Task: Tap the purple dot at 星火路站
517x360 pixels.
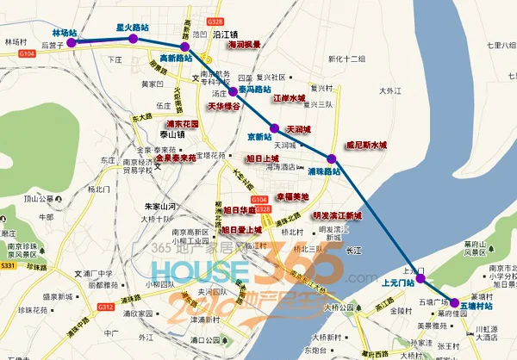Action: pyautogui.click(x=133, y=39)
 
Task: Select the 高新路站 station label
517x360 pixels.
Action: pyautogui.click(x=178, y=59)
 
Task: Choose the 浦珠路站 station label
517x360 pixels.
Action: pyautogui.click(x=325, y=171)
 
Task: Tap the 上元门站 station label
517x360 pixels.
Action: pyautogui.click(x=403, y=281)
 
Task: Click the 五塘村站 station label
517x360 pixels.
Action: pyautogui.click(x=477, y=306)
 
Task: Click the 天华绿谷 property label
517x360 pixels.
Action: pyautogui.click(x=224, y=106)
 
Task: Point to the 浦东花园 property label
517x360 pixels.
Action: pyautogui.click(x=183, y=124)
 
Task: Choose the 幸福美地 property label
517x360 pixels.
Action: pyautogui.click(x=291, y=196)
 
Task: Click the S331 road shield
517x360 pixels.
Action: pyautogui.click(x=9, y=268)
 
